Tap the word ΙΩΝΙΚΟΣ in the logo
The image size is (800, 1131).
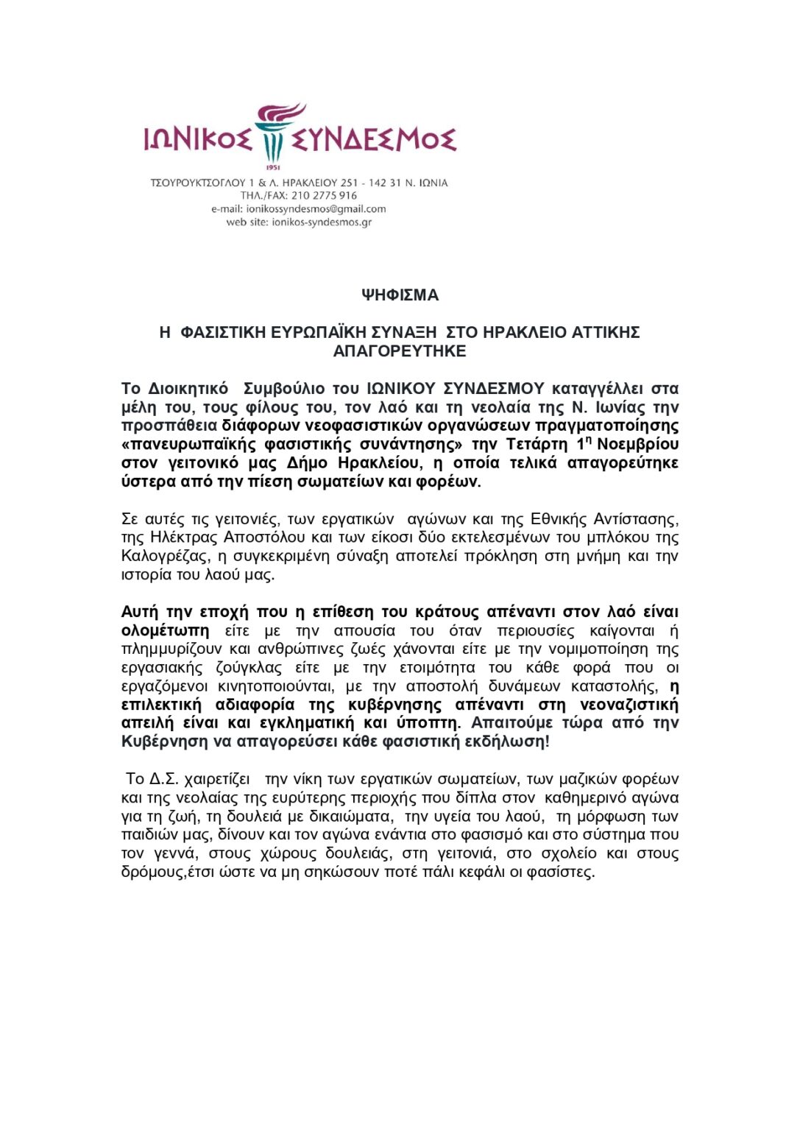[197, 138]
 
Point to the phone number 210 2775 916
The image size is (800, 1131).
[324, 196]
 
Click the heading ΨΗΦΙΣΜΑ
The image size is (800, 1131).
[400, 295]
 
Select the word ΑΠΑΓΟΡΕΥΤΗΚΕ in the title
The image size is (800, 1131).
[400, 351]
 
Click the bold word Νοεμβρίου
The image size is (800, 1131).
[638, 444]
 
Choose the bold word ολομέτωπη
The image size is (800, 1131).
[165, 631]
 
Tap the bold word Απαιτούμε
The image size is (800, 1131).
[511, 723]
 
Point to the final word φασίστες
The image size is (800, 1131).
[561, 872]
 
